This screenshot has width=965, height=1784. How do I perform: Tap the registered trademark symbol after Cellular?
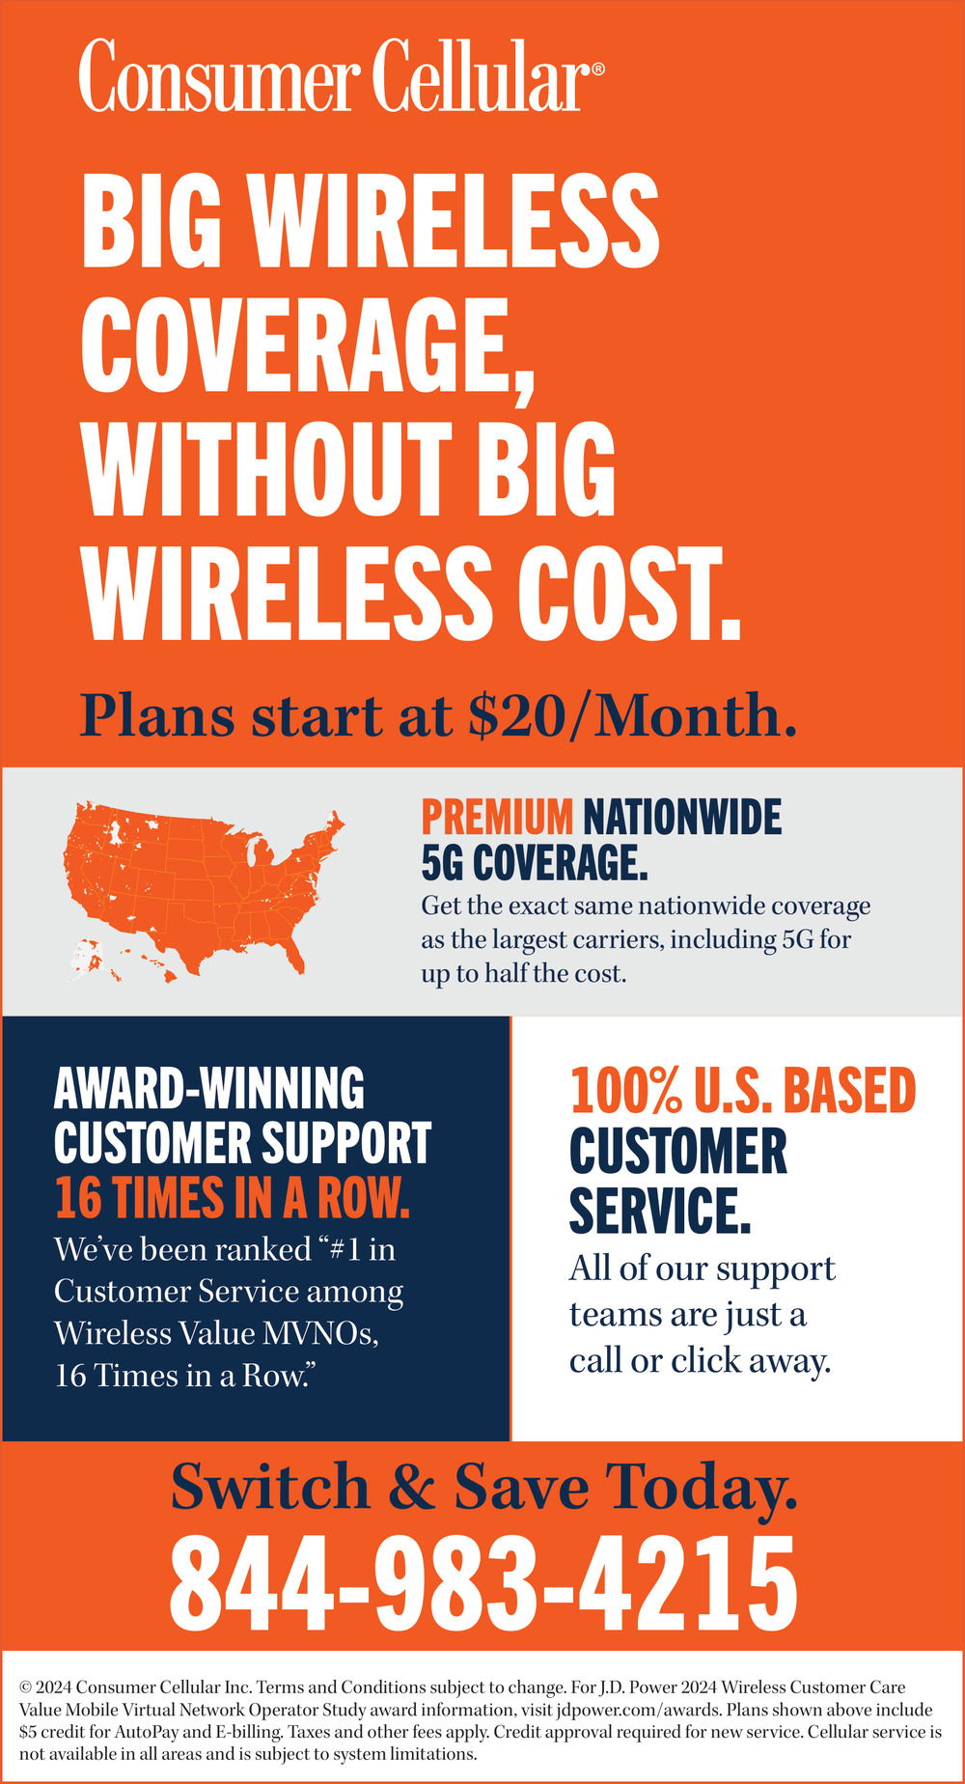point(598,70)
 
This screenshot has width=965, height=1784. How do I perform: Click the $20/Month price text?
point(633,715)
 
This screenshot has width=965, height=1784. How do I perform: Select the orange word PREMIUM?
point(497,817)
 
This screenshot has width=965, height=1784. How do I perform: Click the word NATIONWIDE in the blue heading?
point(682,817)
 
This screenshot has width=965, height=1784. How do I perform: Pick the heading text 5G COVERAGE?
point(535,862)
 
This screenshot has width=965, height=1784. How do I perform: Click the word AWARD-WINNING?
point(209,1088)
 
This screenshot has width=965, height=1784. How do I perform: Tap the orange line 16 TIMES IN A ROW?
point(233,1198)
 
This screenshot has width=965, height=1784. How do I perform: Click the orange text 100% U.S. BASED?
point(743,1091)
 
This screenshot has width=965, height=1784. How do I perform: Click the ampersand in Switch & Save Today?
point(412,1487)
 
